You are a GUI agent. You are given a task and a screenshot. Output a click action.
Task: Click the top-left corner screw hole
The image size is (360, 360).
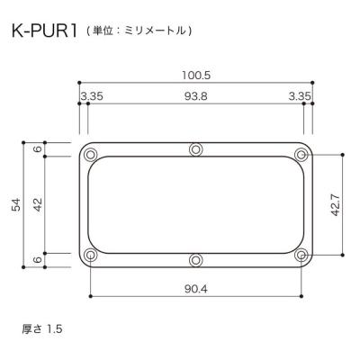pyautogui.click(x=90, y=151)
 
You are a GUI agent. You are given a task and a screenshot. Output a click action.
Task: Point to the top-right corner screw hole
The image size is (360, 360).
pyautogui.click(x=301, y=151)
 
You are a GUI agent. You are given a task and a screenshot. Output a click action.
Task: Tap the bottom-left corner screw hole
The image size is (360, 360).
pyautogui.click(x=90, y=256)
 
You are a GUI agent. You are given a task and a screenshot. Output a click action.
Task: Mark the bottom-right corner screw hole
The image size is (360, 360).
pyautogui.click(x=301, y=256)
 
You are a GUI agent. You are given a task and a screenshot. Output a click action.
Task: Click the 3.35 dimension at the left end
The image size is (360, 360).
pyautogui.click(x=90, y=96)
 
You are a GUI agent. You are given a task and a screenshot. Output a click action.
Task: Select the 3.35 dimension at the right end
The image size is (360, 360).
pyautogui.click(x=301, y=96)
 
